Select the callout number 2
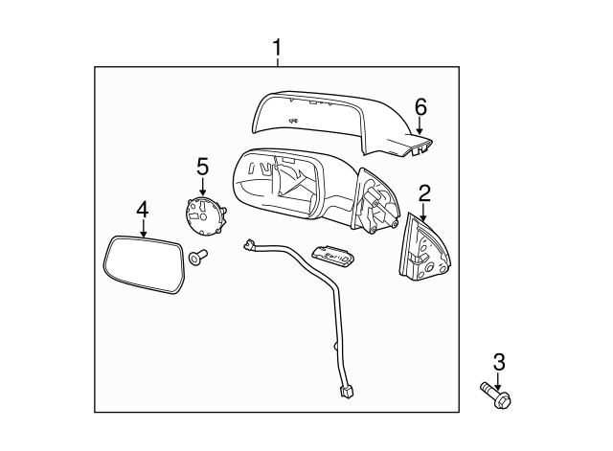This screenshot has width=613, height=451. tap(423, 192)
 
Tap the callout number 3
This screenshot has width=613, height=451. tap(497, 362)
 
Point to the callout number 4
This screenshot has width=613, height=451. tap(142, 208)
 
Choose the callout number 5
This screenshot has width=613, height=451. tap(202, 167)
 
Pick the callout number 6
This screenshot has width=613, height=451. tap(419, 105)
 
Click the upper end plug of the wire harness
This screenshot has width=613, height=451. tap(251, 247)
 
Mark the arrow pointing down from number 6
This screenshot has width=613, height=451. tap(419, 124)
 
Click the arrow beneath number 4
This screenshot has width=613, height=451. tap(142, 227)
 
